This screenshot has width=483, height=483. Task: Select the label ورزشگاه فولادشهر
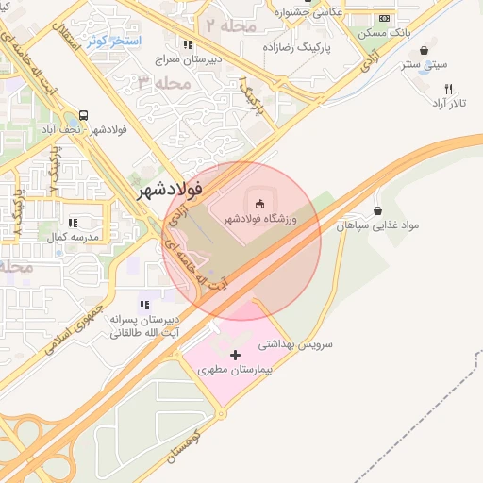tap(259, 219)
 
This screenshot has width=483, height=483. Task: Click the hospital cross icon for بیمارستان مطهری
tap(236, 354)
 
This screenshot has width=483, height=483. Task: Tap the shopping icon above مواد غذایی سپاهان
tap(378, 210)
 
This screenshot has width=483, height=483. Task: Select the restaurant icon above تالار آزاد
tap(448, 88)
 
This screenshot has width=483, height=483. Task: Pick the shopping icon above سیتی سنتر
tap(424, 50)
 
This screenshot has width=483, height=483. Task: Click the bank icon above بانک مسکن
tap(383, 19)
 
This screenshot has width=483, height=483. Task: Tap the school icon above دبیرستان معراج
tap(189, 44)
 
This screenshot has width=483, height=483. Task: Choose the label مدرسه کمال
tap(80, 236)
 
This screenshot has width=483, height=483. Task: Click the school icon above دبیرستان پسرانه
tap(144, 305)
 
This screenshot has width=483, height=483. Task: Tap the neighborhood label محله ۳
tap(166, 83)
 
